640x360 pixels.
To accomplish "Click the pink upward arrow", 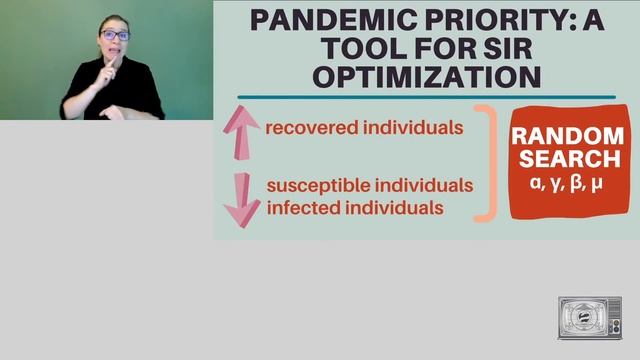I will pos(241,133).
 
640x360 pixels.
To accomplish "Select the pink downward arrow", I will pos(241,196).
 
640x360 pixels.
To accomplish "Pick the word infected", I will pos(301,208).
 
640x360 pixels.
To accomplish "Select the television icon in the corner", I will pos(589,317).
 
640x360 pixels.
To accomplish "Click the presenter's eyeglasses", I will pos(115,35).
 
